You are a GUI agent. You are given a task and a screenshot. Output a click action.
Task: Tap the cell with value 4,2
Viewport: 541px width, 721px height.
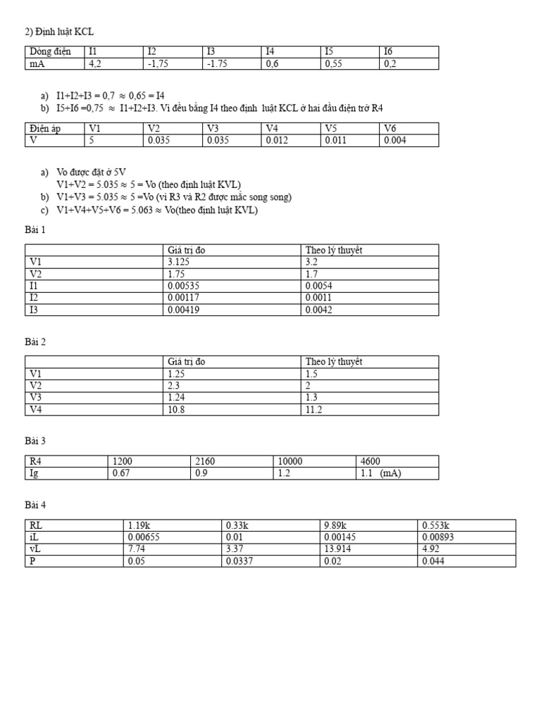coord(95,63)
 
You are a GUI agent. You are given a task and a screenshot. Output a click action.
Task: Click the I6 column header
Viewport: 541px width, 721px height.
coord(389,51)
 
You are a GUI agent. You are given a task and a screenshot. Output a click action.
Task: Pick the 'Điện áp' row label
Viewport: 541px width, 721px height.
coord(46,128)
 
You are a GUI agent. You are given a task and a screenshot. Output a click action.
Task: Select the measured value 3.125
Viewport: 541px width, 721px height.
coord(180,262)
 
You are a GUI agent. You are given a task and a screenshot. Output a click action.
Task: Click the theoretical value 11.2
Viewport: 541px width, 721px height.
coord(313,409)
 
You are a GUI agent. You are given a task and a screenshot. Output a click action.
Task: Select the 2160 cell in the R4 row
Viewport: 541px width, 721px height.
coord(204,461)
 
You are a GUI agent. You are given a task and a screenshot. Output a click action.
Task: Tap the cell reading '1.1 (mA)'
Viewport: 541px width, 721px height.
coord(380,473)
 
